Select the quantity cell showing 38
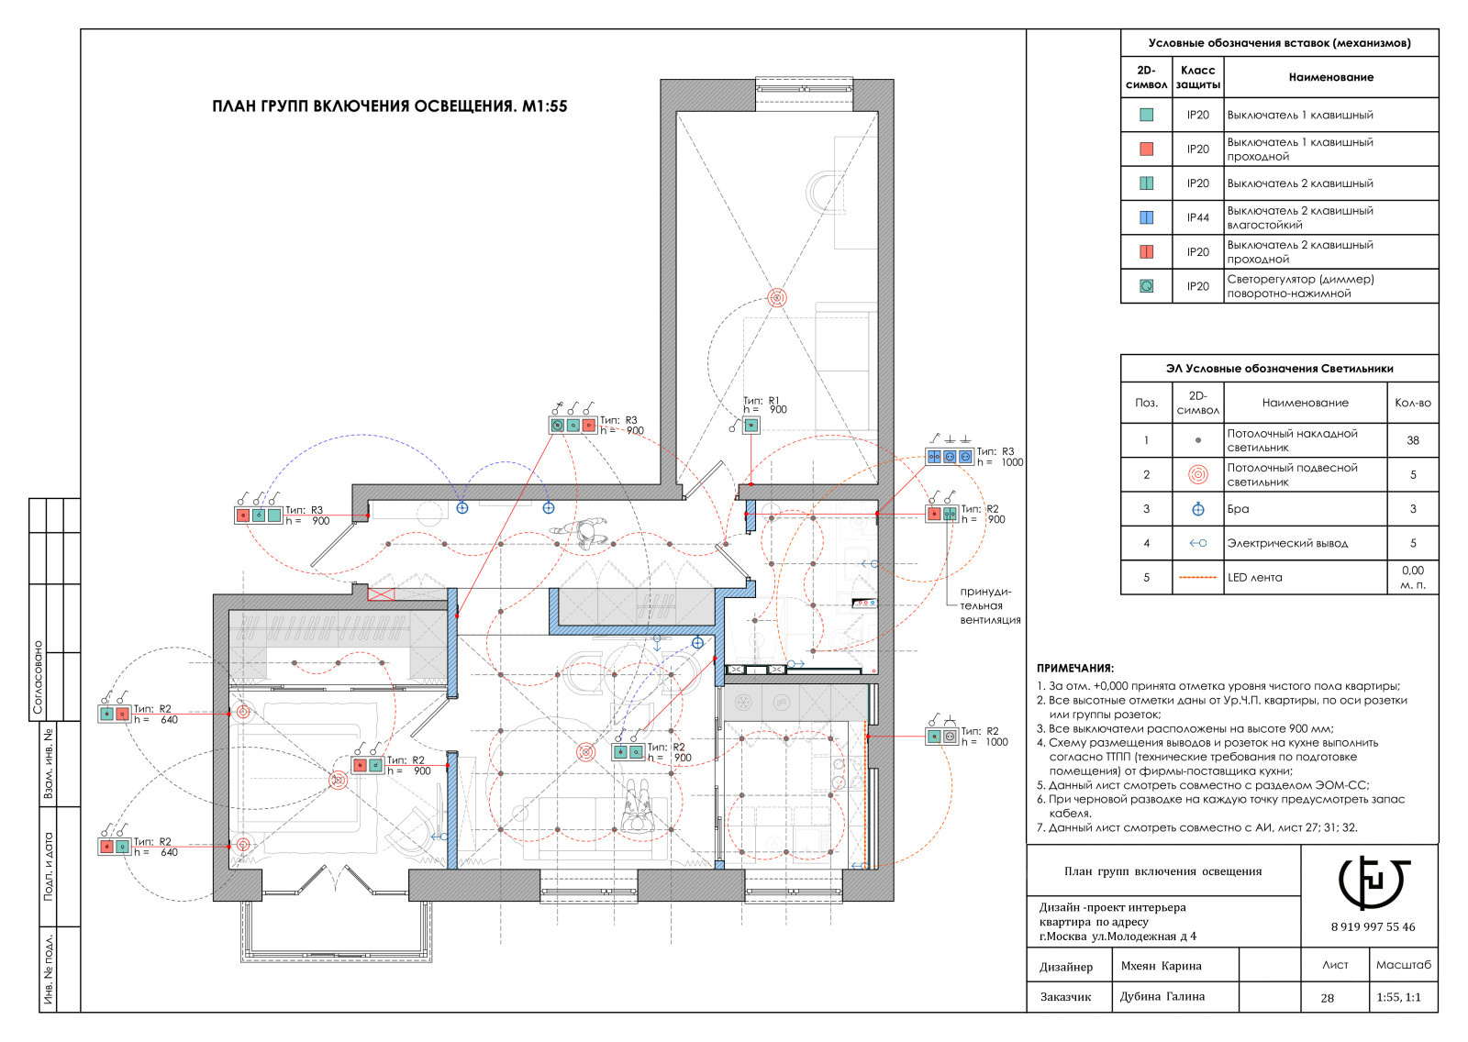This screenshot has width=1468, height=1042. (1412, 440)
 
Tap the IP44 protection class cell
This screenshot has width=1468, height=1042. (1197, 217)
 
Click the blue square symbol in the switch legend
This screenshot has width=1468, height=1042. (1146, 217)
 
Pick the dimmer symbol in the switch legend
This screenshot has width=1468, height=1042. (1146, 286)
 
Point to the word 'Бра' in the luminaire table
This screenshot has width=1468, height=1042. (1238, 509)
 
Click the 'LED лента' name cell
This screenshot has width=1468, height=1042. (1254, 577)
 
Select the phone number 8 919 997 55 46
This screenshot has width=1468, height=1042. (1373, 926)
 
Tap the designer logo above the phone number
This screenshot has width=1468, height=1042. (1373, 882)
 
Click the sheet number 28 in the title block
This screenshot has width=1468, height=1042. (1327, 997)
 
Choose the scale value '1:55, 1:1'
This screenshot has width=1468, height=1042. (1398, 997)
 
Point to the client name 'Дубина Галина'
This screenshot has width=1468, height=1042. (1162, 996)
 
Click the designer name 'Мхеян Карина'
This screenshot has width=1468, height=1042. (1161, 966)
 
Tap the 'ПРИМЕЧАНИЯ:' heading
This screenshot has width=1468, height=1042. (1074, 669)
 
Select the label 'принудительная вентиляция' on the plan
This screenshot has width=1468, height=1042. (990, 606)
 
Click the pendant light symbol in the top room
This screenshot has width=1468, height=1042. (776, 298)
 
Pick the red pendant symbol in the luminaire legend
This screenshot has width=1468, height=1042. (1197, 474)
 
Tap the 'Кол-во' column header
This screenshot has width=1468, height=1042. (1412, 403)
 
